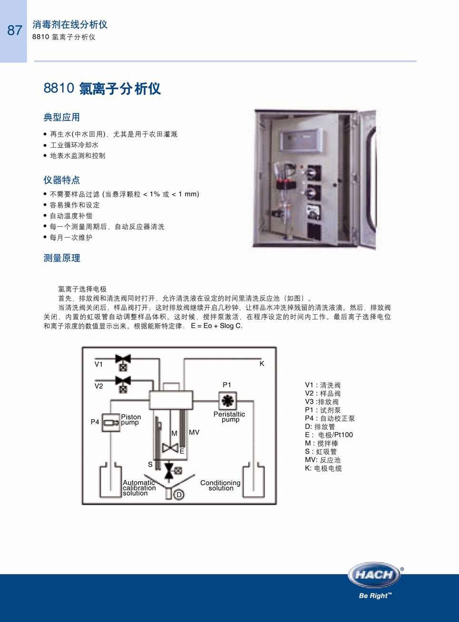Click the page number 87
coord(15,30)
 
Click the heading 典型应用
coord(62,117)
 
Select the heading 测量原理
coord(62,258)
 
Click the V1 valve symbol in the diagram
coord(123,363)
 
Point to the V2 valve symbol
coord(123,385)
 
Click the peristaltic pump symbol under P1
coord(227,400)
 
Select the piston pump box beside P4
coord(110,423)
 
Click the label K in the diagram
coord(262,364)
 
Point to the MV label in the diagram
coord(194,433)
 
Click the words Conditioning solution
coord(220,485)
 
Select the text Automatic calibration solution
coord(139,488)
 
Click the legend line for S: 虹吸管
coord(321,452)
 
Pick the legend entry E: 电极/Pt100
coord(329,435)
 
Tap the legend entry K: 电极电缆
coord(323,469)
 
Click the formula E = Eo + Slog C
coord(217,326)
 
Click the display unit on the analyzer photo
coord(301,141)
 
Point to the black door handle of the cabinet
coord(371,180)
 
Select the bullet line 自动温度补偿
coord(71,216)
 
